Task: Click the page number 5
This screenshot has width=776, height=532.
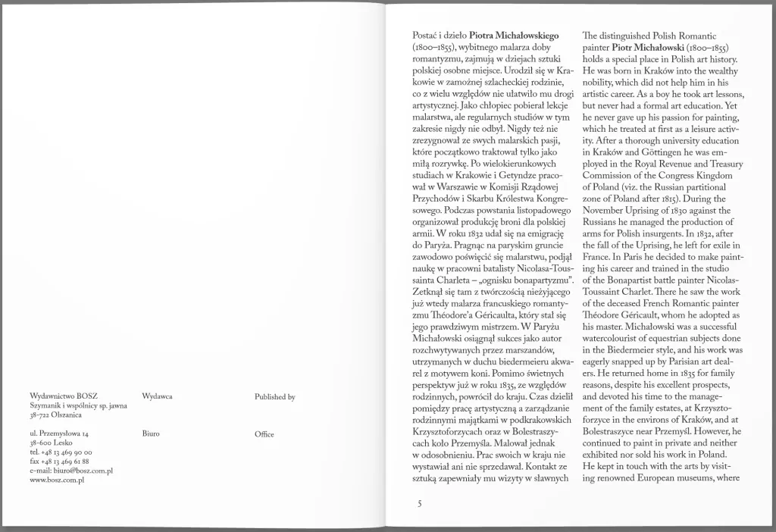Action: (x=419, y=503)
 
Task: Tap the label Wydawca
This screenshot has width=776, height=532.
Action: (x=157, y=397)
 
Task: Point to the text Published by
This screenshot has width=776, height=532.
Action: (x=275, y=397)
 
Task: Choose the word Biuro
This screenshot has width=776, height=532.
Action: (x=151, y=433)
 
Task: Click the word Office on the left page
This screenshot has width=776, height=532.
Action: (x=264, y=433)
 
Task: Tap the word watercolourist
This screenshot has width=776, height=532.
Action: (x=615, y=339)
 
